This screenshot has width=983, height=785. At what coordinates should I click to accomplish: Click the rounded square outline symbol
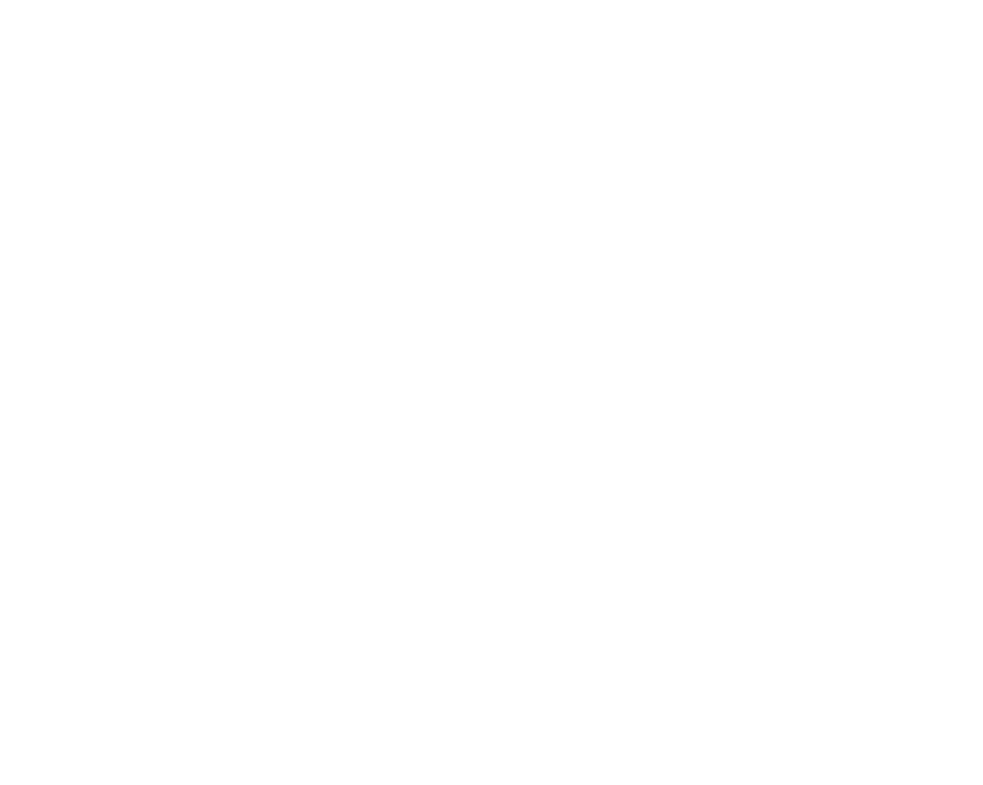pos(875,55)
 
